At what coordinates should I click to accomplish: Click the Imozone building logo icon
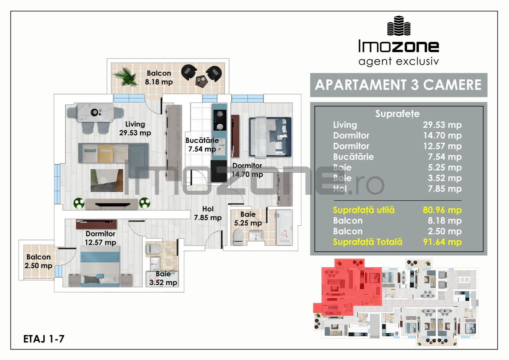point(398,26)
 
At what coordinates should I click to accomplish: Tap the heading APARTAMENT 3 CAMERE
point(398,85)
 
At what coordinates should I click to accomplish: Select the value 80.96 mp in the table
point(442,210)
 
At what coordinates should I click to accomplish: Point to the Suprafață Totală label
point(367,242)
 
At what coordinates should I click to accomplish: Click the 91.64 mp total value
point(442,242)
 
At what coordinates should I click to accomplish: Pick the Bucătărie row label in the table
point(353,157)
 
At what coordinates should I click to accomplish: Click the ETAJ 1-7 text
point(44,339)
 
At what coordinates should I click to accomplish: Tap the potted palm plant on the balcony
point(126,77)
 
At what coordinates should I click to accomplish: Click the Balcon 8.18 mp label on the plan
point(159,77)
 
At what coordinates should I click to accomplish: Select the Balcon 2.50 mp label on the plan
point(38,261)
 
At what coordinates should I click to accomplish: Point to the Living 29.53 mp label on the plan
point(135,128)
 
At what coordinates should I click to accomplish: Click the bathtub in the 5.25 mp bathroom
point(284,227)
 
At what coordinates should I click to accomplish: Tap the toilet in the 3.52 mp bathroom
point(154,249)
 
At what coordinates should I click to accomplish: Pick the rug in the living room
point(107,180)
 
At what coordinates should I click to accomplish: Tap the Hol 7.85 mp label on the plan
point(208,213)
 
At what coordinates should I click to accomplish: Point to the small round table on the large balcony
point(201,80)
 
